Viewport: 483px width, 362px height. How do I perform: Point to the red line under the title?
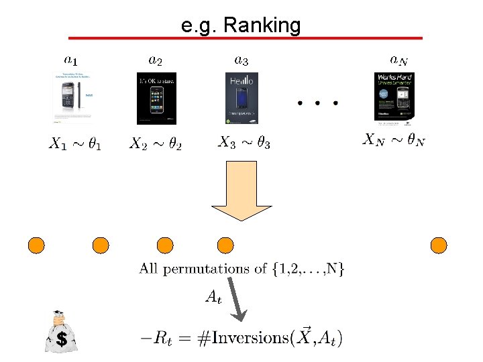pos(246,38)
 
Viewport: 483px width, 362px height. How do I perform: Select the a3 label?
pos(241,61)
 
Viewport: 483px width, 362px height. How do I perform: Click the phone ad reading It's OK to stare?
pos(156,98)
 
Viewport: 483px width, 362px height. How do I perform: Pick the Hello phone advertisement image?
pos(241,98)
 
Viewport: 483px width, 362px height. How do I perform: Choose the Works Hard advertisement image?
pos(394,98)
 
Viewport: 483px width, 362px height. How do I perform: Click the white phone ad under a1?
pos(71,98)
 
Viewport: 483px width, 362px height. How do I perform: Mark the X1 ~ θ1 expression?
pos(75,143)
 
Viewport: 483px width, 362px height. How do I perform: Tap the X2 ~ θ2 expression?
pos(156,143)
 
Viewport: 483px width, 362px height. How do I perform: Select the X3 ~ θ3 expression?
pos(244,143)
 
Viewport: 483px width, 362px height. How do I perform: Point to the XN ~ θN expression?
pos(394,140)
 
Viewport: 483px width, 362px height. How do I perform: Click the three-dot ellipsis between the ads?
pos(318,104)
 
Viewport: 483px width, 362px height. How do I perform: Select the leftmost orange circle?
pos(36,245)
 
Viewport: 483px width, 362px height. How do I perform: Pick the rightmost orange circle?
pos(439,245)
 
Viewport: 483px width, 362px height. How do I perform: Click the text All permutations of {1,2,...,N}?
pos(242,269)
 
